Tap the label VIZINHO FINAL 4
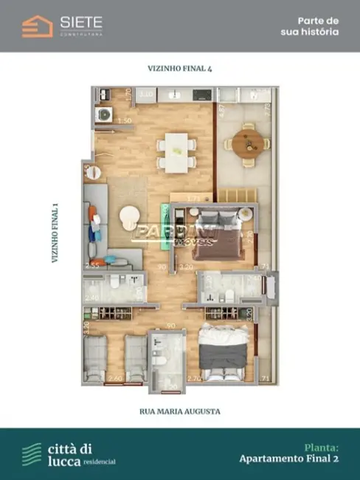pos(180,68)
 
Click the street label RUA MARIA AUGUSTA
pos(180,411)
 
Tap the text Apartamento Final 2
pos(288,459)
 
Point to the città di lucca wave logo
pos(32,453)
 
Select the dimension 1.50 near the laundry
pos(125,120)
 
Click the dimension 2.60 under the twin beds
pos(115,377)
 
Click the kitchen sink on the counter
pos(174,95)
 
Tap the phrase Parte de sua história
pos(309,27)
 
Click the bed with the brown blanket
pos(218,231)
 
